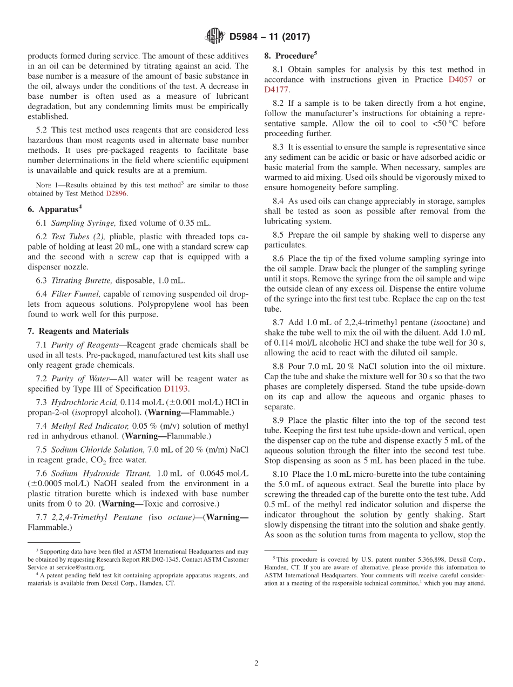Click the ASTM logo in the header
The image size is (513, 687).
(215, 37)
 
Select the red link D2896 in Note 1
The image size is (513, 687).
(116, 194)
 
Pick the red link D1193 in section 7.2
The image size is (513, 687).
(176, 389)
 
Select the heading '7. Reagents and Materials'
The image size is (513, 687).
(78, 331)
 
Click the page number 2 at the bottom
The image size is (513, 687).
(256, 663)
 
